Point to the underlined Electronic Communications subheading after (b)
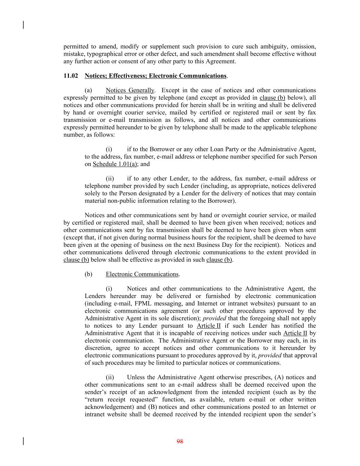coord(142,274)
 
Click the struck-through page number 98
coord(180,441)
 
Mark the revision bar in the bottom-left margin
coord(23,441)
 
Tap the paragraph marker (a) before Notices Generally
coord(88,90)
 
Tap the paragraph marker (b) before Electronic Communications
coord(88,274)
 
